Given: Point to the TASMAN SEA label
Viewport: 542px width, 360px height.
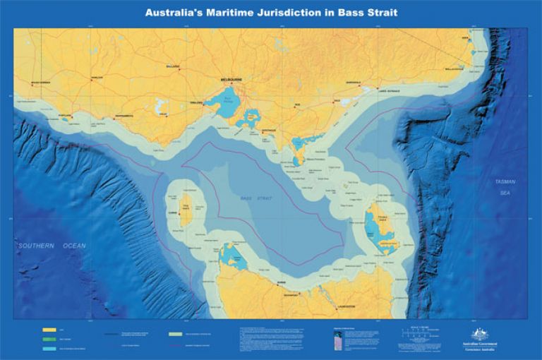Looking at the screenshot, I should click(x=507, y=187).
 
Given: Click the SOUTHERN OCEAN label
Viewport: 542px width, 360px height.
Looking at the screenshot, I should click(x=52, y=246).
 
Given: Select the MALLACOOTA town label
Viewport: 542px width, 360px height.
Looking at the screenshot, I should click(x=455, y=69).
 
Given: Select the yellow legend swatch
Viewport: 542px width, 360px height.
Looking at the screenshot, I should click(x=49, y=330).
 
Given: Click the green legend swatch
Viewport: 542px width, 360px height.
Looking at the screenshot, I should click(x=49, y=339).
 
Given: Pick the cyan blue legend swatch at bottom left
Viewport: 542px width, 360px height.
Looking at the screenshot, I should click(x=49, y=348).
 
